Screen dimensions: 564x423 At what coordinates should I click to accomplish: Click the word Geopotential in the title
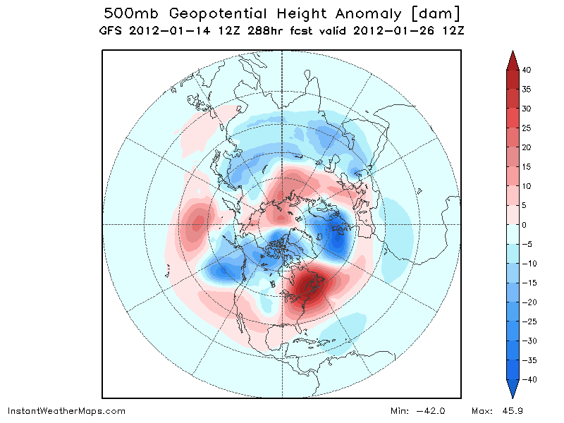[x=218, y=13]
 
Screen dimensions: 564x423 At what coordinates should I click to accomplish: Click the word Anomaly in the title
[x=368, y=14]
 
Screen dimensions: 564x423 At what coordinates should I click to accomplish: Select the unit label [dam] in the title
[x=435, y=13]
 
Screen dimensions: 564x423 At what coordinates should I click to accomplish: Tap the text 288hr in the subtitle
[x=264, y=30]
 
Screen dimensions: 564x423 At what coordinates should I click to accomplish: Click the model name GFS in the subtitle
[x=110, y=30]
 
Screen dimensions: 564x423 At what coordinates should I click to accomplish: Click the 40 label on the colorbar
[x=526, y=70]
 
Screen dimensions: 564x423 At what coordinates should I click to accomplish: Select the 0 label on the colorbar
[x=524, y=225]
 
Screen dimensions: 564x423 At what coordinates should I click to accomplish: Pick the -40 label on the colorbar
[x=529, y=379]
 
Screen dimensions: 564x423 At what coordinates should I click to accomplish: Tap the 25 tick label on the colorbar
[x=526, y=128]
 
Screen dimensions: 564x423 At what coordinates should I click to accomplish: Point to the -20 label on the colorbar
[x=529, y=302]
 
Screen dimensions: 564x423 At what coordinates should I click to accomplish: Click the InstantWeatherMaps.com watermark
[x=66, y=411]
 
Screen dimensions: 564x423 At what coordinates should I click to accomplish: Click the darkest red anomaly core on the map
[x=309, y=284]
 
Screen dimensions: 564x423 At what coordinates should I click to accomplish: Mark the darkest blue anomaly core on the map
[x=338, y=238]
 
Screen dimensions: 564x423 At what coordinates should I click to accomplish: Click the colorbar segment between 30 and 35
[x=513, y=99]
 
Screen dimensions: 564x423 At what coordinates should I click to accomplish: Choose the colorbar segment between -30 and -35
[x=513, y=350]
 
